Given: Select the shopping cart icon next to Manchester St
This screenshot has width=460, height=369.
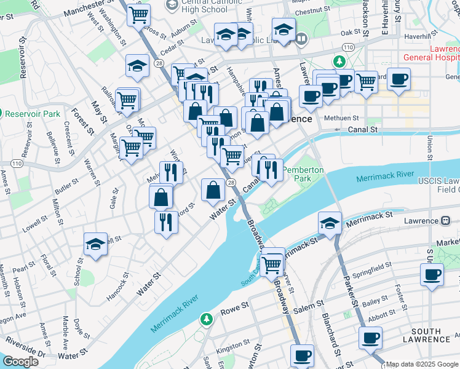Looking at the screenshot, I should (x=139, y=14).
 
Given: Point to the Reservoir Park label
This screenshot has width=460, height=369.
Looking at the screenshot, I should (x=32, y=114).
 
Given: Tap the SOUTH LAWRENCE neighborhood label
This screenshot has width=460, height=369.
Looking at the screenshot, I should (x=430, y=335).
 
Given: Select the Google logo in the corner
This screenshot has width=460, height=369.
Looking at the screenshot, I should (x=20, y=362).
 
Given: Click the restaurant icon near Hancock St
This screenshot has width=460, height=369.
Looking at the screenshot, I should (x=165, y=222).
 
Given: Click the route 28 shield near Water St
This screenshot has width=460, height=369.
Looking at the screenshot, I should (x=230, y=183).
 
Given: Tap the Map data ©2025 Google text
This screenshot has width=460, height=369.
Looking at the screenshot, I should (x=422, y=364).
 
